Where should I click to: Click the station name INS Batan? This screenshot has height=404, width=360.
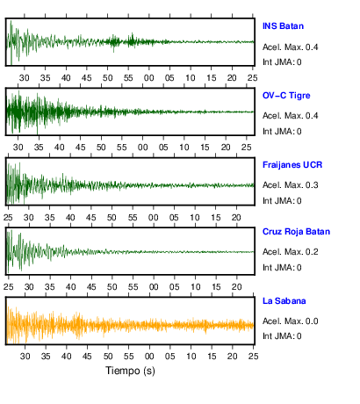point(283,26)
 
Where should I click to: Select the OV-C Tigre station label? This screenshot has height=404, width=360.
point(286,96)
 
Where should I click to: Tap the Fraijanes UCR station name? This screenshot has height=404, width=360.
point(292,165)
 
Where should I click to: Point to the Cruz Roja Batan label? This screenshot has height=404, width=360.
point(296,232)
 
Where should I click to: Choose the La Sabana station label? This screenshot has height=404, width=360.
point(284,301)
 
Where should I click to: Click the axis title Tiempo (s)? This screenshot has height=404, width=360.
point(130,371)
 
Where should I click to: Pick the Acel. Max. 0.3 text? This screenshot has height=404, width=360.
point(291,185)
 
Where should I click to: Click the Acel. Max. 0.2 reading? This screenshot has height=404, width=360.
point(291,252)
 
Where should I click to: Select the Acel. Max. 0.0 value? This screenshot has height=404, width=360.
point(291,321)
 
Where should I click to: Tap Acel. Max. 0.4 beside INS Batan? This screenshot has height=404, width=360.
point(291,47)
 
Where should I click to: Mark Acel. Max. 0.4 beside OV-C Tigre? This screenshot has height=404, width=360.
point(291,116)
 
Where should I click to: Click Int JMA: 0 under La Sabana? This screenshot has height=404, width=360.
point(282,336)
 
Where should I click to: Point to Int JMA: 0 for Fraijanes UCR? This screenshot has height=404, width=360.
point(282,201)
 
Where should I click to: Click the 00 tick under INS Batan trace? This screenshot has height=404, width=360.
point(149,78)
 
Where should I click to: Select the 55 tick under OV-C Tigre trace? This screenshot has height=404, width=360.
point(122,147)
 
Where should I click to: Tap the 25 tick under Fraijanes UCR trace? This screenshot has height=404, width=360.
point(8,218)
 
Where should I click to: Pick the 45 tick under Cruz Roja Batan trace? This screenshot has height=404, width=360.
point(91,287)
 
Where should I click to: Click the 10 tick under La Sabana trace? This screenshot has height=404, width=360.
point(191,357)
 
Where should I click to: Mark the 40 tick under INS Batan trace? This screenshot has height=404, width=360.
point(66,78)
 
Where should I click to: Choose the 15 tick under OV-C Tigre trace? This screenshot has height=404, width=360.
point(205,147)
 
